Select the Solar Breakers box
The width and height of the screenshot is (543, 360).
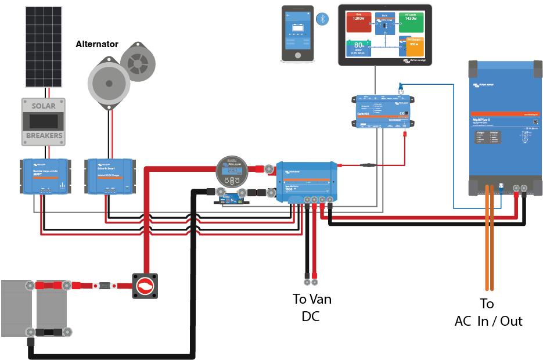tap(42, 121)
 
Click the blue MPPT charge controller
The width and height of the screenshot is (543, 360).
tap(45, 176)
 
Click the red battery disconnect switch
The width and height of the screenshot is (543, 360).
tap(145, 286)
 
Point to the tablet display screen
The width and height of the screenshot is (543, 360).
tap(385, 34)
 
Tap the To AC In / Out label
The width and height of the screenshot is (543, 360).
tap(488, 312)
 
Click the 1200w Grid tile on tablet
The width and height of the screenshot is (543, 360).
tap(359, 22)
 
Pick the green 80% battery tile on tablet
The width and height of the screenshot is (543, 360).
tap(359, 48)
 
